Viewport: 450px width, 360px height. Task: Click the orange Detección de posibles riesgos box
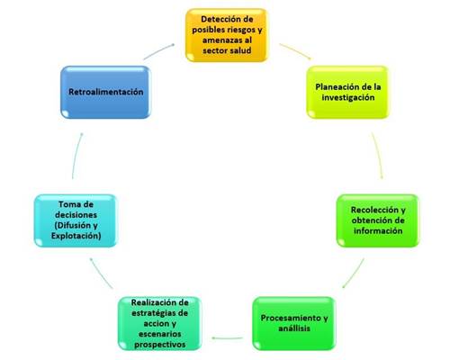[x=227, y=35]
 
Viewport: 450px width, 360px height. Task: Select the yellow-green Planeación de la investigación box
[x=347, y=92]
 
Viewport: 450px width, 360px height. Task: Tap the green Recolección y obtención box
[x=378, y=220]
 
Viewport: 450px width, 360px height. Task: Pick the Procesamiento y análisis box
[x=294, y=323]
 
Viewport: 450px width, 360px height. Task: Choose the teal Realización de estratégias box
[x=159, y=323]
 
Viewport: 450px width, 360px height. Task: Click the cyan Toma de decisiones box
[x=76, y=220]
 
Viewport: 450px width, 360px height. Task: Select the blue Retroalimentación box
[x=105, y=92]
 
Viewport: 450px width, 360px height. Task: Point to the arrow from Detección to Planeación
[x=296, y=51]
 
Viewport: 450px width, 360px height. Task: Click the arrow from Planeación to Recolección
[x=378, y=156]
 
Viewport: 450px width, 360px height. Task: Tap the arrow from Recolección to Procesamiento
[x=354, y=274]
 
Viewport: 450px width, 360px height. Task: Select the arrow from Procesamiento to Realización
[x=227, y=338]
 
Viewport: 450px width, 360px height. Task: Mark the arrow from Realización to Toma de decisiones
[x=102, y=274]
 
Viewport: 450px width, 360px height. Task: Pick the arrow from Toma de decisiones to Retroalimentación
[x=76, y=156]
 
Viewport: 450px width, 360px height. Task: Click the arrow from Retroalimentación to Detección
[x=158, y=51]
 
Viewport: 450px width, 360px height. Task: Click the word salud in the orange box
[x=239, y=50]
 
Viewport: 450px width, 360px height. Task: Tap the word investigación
[x=348, y=97]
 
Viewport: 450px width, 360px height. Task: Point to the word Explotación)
[x=76, y=236]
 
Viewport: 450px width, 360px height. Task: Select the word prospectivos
[x=159, y=345]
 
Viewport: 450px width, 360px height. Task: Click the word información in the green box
[x=378, y=230]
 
